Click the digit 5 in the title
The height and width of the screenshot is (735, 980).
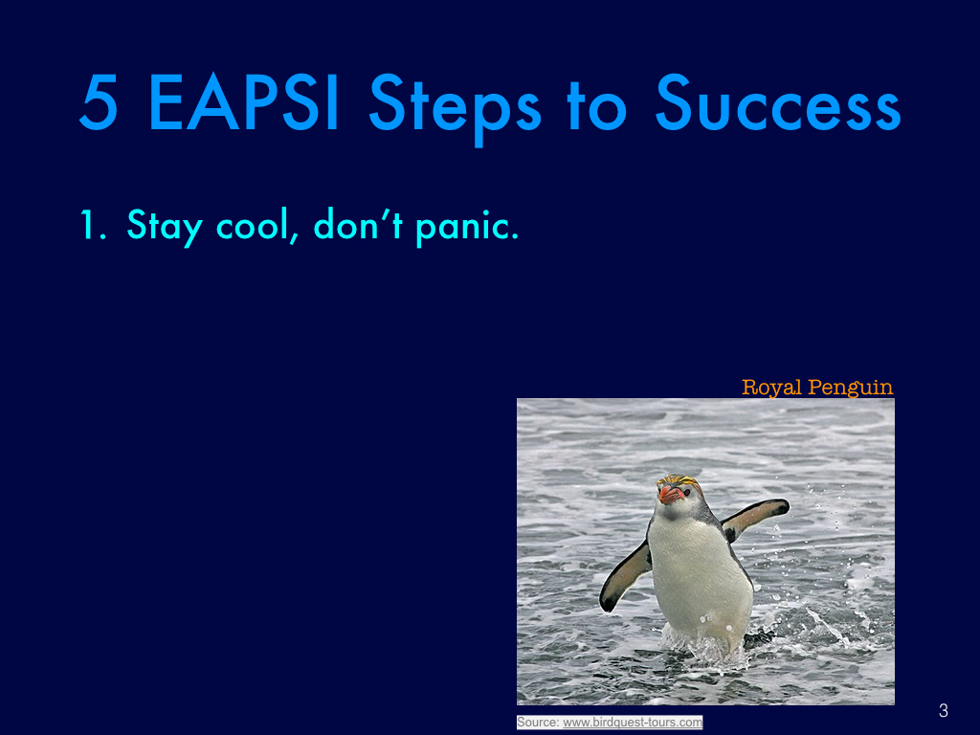click(x=99, y=102)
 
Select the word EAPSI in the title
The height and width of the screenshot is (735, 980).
click(x=244, y=102)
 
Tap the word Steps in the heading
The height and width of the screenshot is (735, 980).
click(x=455, y=107)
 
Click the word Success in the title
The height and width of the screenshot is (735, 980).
click(x=778, y=102)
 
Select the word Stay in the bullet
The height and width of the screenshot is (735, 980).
click(x=165, y=227)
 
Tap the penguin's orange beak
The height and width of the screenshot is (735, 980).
click(x=670, y=495)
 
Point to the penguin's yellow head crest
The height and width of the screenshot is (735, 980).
click(x=680, y=480)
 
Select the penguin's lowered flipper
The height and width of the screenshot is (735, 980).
click(x=625, y=576)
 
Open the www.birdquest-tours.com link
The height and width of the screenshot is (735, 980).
click(x=633, y=723)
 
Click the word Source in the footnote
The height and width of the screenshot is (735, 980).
click(x=538, y=723)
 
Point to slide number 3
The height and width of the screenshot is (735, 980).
click(x=943, y=711)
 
